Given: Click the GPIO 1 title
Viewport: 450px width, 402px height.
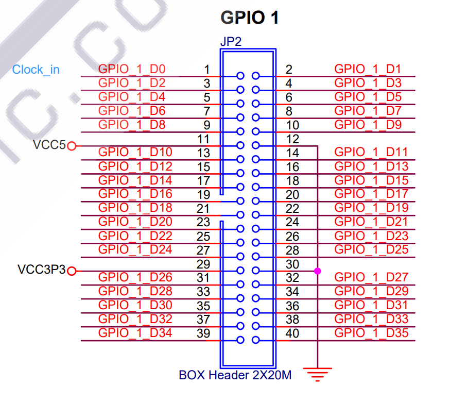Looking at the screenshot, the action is coord(250,18).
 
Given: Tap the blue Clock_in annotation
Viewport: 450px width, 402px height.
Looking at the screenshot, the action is coord(36,70).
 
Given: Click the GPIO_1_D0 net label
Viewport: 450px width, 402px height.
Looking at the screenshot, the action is coord(132,69).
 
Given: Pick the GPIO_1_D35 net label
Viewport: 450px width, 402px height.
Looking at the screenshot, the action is coord(371,333).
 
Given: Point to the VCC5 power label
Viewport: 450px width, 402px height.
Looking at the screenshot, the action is coord(49,145).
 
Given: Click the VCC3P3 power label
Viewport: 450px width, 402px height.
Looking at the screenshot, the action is coord(42,270).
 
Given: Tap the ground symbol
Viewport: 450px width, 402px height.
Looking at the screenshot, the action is coord(317,373).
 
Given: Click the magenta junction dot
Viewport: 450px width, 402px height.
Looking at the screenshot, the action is coord(317,271).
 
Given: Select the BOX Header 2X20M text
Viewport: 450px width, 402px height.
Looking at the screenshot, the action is coord(235,375).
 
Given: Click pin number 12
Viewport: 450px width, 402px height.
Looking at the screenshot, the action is coord(292,139).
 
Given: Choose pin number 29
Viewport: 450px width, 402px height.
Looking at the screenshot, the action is coord(203,264).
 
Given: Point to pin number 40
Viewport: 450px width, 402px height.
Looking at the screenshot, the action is coord(292,333).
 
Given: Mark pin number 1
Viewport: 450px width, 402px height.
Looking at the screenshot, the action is coord(206,69).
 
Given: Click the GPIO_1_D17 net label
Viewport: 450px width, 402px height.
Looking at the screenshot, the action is coord(371,194).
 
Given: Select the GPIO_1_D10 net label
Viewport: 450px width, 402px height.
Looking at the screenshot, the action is coord(135,152).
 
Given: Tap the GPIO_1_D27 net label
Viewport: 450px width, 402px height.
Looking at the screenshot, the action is coord(371,277).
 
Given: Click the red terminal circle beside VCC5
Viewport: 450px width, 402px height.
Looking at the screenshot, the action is coord(72,146).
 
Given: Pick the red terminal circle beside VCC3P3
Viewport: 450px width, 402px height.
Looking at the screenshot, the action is coord(72,271).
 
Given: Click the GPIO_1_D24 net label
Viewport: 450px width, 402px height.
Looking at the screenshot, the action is coord(135,249).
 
